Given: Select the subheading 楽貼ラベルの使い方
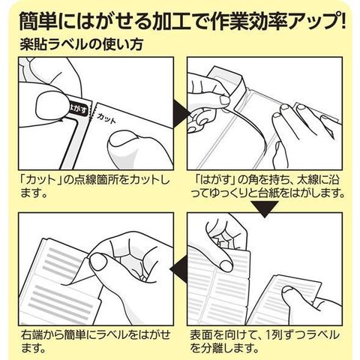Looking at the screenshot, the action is (82, 44).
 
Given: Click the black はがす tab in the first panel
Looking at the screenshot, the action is (79, 109).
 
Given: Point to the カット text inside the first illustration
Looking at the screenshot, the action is (106, 118).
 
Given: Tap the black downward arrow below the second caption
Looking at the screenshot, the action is (264, 208).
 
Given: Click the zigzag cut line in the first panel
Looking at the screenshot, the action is (91, 112).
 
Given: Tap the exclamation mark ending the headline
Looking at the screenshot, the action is (341, 21).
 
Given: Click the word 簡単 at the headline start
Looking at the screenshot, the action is (38, 21).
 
